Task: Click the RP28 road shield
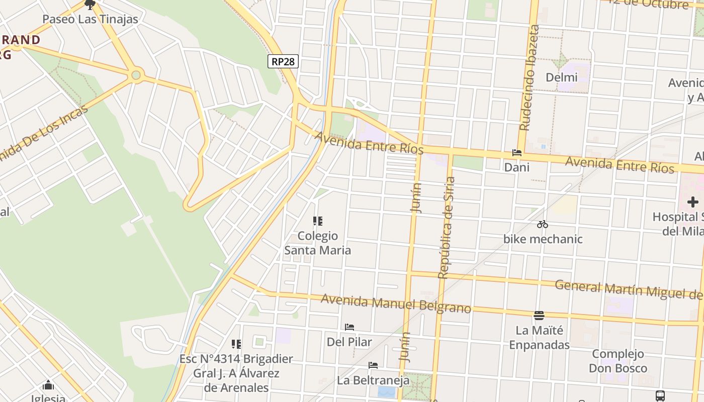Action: [283, 61]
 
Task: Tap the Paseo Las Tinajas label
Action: [90, 20]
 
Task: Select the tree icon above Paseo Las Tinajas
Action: [90, 5]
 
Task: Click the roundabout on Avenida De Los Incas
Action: [135, 76]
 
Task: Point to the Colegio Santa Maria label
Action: [318, 243]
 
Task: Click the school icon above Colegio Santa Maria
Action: [317, 221]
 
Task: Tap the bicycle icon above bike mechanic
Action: [542, 224]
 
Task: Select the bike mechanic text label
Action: [543, 239]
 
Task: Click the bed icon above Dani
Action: [516, 153]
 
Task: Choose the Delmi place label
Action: [561, 77]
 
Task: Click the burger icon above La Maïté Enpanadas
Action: [539, 316]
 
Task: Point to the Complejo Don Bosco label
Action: [618, 361]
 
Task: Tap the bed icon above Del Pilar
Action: [349, 327]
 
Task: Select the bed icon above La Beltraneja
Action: [373, 365]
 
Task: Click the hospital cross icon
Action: [692, 202]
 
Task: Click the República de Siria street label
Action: [446, 227]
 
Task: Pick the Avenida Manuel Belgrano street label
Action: [396, 303]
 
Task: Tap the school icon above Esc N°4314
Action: [236, 344]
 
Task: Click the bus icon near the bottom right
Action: [660, 395]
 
